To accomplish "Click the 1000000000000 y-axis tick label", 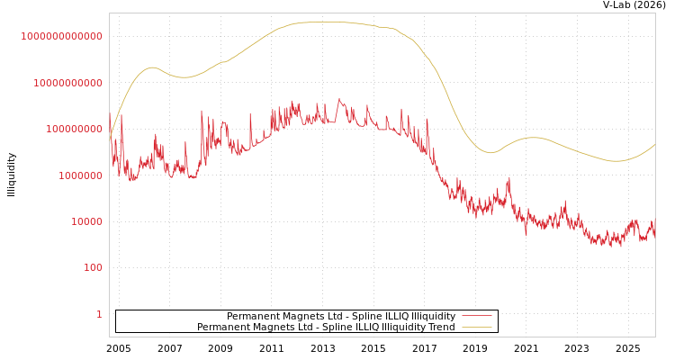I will (x=61, y=36).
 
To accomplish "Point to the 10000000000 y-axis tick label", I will (x=67, y=83).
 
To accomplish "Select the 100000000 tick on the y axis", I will (x=73, y=130).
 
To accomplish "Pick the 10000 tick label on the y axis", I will (x=87, y=221).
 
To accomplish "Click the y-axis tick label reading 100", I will (x=94, y=268).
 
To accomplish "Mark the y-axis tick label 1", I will (x=100, y=314).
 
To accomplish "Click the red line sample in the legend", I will (x=476, y=316).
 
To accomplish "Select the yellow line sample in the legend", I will (x=476, y=327).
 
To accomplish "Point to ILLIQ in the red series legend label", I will (x=383, y=316).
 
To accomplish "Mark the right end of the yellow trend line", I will (x=654, y=144).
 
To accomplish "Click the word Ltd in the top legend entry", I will (x=325, y=316).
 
